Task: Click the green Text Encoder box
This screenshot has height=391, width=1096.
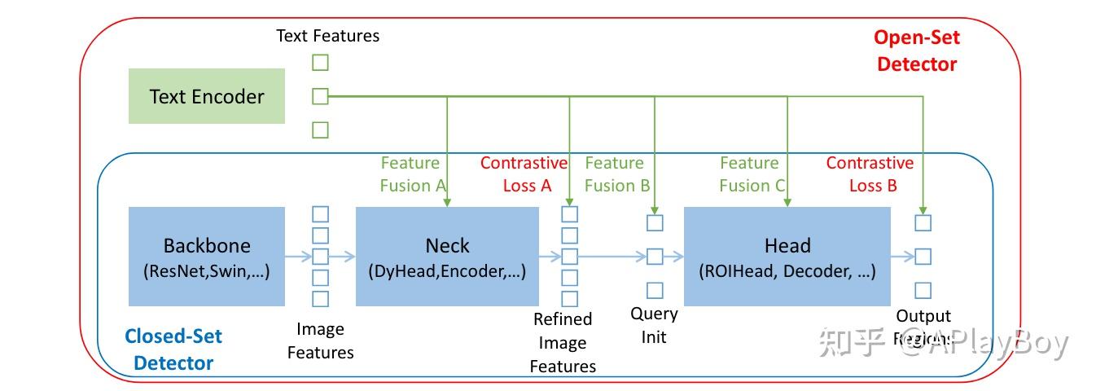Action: (x=207, y=96)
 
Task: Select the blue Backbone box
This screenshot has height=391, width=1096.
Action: (x=207, y=256)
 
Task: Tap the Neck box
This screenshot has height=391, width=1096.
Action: (x=447, y=256)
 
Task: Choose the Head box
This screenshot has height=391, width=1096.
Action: (x=787, y=256)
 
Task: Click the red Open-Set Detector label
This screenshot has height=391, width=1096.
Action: (x=916, y=51)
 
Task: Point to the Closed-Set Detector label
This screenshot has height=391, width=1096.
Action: (x=173, y=349)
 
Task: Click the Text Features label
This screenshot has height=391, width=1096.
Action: (x=327, y=35)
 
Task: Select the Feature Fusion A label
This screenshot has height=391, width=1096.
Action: (x=412, y=174)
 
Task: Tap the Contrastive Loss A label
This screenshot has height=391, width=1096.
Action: (x=523, y=174)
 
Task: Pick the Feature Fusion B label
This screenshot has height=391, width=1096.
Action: (x=616, y=174)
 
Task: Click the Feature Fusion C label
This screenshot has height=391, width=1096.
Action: (x=751, y=174)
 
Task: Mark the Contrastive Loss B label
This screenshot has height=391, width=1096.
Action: (x=870, y=174)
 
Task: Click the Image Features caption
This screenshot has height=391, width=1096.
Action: (x=320, y=340)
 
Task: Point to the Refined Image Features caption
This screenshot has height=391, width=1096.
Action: (x=563, y=342)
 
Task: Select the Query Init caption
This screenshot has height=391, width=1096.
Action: (x=654, y=325)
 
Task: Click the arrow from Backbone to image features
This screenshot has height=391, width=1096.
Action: (x=298, y=256)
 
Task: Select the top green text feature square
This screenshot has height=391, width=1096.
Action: (x=320, y=63)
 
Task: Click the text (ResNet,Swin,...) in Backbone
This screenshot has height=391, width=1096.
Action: (x=207, y=271)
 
